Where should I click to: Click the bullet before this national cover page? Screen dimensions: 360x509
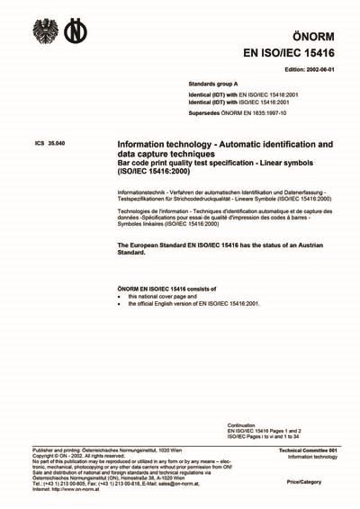tap(121, 295)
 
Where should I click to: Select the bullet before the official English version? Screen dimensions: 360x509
tap(121, 304)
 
